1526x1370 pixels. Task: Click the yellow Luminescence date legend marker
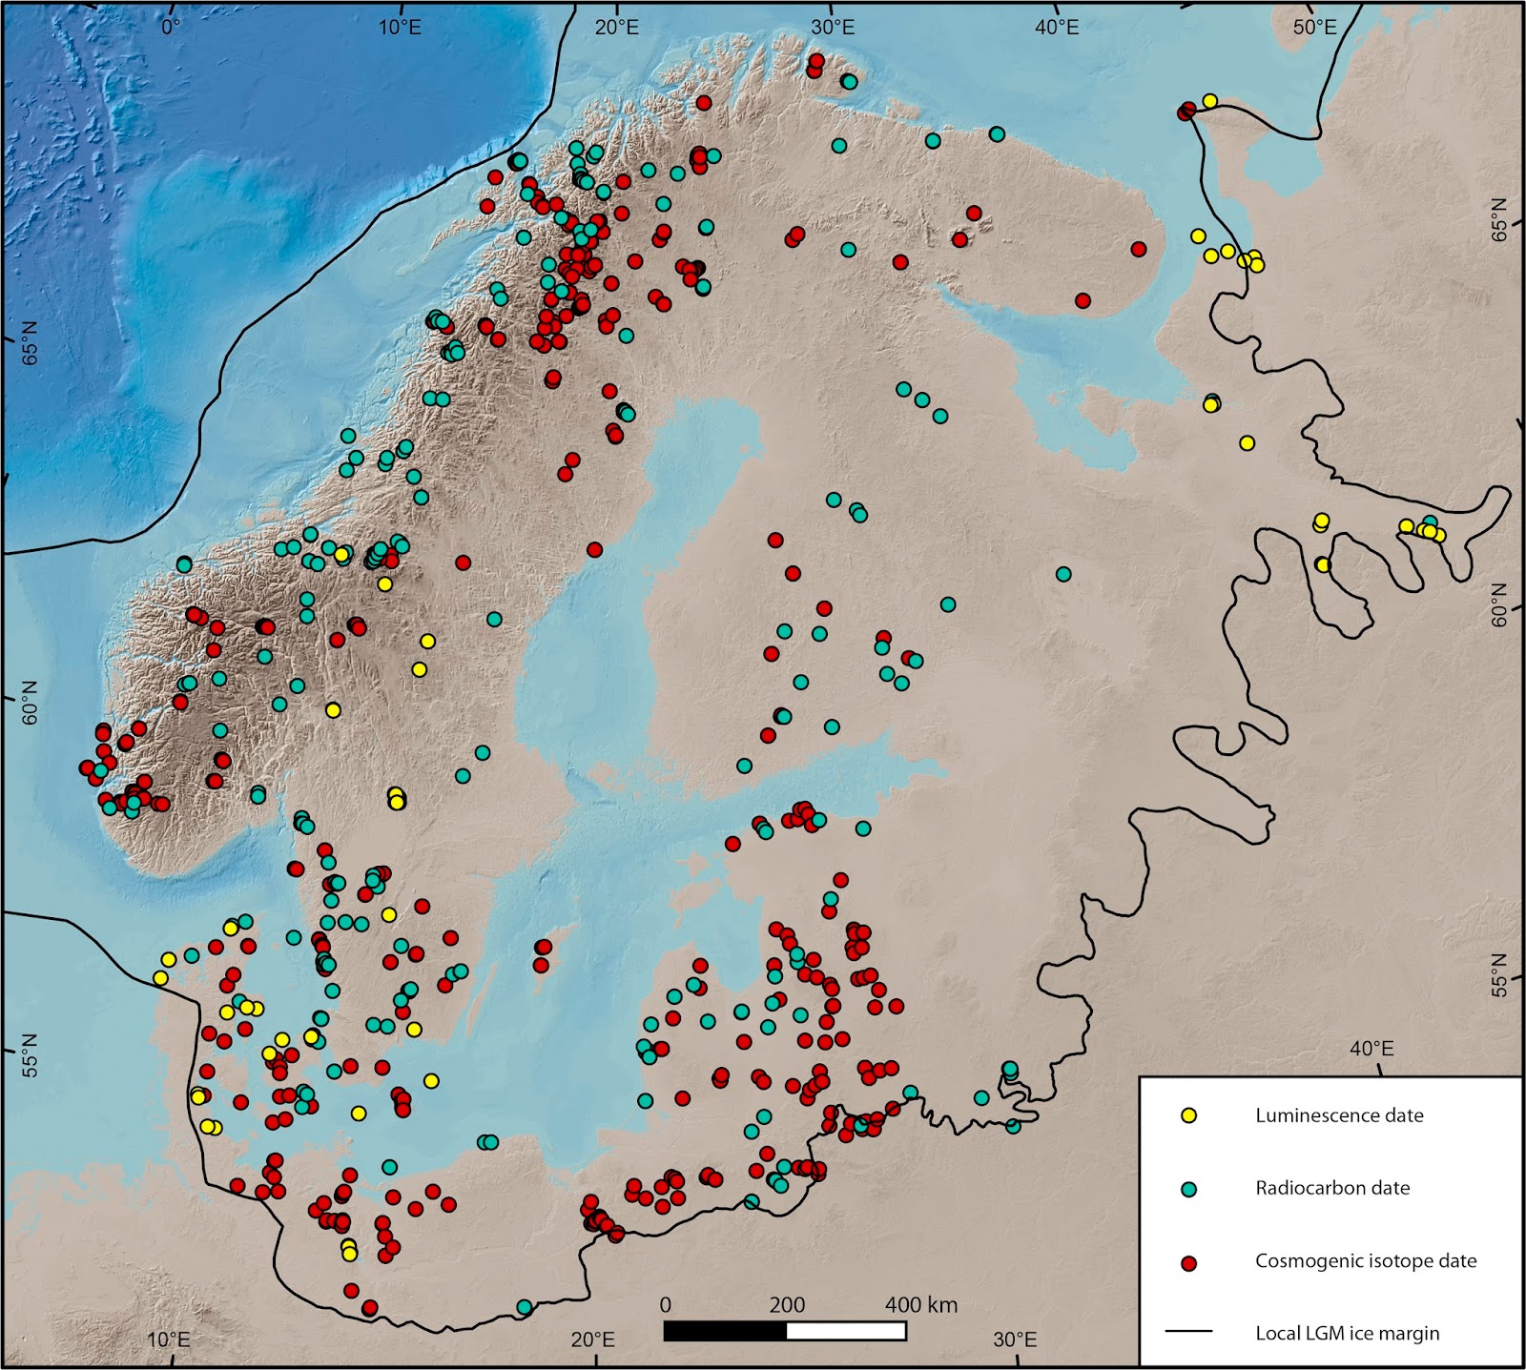point(1188,1114)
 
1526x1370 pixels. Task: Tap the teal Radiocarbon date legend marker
point(1188,1189)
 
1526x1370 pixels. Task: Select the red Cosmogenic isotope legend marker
point(1188,1262)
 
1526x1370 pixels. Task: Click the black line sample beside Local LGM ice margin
point(1188,1332)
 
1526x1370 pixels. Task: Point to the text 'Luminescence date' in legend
point(1339,1115)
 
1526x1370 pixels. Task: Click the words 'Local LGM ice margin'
point(1347,1333)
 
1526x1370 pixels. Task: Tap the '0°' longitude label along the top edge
point(170,27)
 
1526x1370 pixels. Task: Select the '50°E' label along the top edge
point(1314,27)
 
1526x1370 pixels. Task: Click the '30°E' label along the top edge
point(832,27)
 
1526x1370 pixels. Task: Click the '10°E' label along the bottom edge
point(169,1339)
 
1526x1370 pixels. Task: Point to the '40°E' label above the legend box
point(1371,1049)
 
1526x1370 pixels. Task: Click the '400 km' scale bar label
point(920,1304)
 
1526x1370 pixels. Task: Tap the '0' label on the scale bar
point(666,1304)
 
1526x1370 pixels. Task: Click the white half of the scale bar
point(846,1331)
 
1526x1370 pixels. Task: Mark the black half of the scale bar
point(726,1331)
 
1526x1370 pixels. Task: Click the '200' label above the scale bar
point(787,1304)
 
